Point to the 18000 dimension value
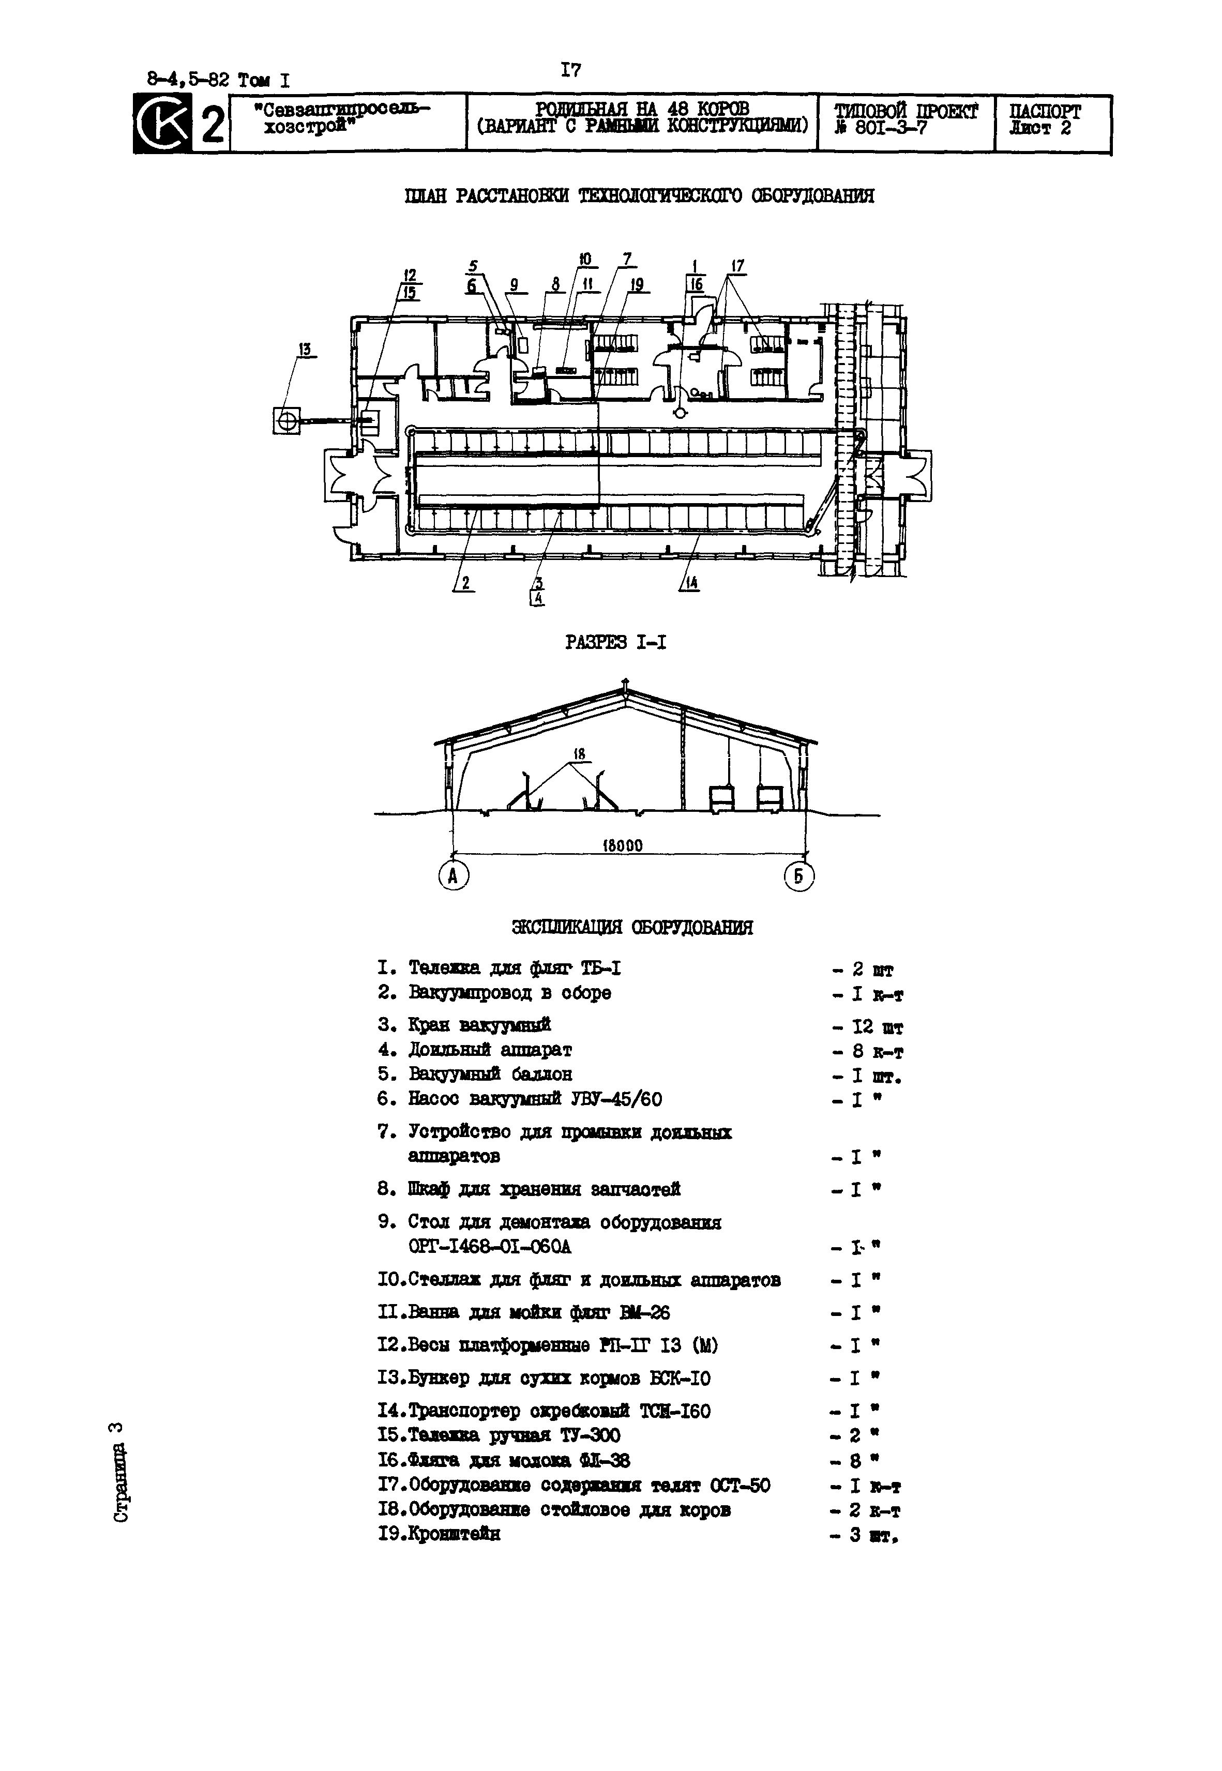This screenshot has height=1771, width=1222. (x=623, y=846)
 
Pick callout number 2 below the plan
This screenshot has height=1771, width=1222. (x=465, y=583)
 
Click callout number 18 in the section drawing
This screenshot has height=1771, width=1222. (x=578, y=754)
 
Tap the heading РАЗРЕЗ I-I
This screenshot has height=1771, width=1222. (x=615, y=643)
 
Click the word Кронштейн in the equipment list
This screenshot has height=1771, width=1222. (x=454, y=1534)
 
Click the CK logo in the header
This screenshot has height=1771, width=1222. (x=161, y=123)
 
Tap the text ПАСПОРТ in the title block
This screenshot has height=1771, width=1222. (x=1045, y=112)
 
